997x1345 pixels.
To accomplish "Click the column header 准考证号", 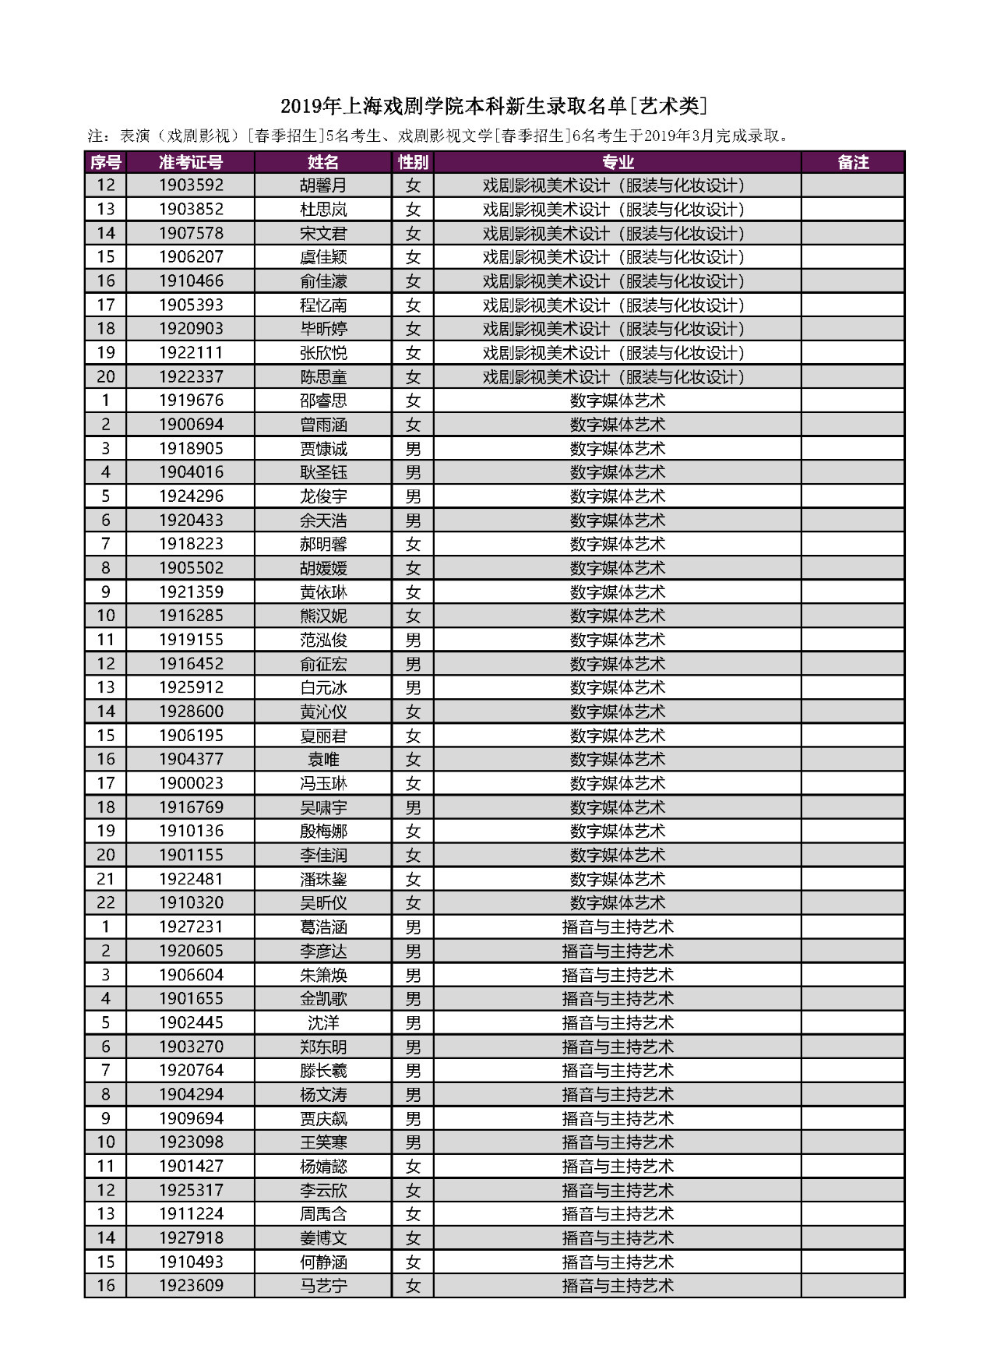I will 191,162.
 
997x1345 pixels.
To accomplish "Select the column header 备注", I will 853,162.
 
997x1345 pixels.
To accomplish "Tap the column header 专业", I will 618,162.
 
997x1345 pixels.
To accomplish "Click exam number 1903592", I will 191,185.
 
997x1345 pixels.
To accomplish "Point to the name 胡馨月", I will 323,185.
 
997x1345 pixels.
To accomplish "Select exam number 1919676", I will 191,401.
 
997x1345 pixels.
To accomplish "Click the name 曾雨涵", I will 323,425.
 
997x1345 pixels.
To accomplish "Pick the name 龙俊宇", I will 323,496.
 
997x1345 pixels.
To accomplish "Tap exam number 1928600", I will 191,711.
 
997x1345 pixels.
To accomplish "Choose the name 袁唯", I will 323,759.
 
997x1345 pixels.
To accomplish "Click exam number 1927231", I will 191,927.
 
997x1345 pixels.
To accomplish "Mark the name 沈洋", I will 323,1022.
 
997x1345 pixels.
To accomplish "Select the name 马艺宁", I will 323,1286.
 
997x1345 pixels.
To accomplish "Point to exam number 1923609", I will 191,1286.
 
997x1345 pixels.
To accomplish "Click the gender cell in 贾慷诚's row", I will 413,449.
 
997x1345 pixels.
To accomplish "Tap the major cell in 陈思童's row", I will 618,377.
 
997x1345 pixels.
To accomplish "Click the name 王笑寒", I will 323,1142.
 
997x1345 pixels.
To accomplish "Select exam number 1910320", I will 191,903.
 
